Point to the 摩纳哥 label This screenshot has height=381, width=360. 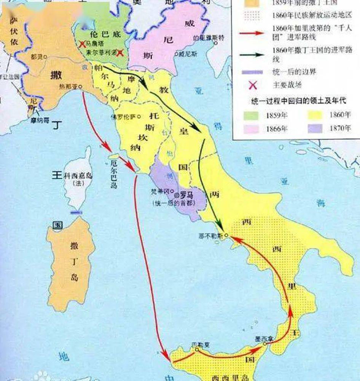pyautogui.click(x=40, y=119)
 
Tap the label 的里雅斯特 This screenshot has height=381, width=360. pyautogui.click(x=206, y=38)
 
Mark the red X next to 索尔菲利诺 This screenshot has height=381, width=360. pyautogui.click(x=120, y=52)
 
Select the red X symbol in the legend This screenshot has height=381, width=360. pyautogui.click(x=252, y=85)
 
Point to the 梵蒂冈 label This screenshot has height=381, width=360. pyautogui.click(x=162, y=191)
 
